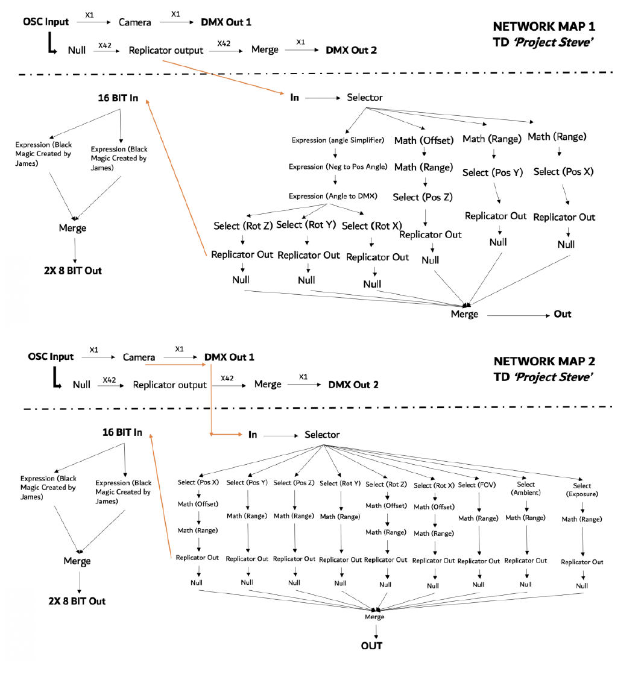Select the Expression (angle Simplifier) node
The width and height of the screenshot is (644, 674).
tap(338, 140)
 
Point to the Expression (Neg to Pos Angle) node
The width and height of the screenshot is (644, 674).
tap(338, 167)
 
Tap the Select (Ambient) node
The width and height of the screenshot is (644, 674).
tap(525, 488)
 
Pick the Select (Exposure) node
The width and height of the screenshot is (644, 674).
tap(582, 490)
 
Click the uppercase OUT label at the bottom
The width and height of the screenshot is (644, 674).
tap(371, 646)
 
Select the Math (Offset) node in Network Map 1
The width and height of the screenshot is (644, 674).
tap(423, 140)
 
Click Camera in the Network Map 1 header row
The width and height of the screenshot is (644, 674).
tap(134, 23)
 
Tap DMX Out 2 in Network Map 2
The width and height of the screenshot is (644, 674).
tap(353, 385)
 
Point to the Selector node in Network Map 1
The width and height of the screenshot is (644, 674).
tap(364, 97)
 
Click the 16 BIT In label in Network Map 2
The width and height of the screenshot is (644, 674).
tap(122, 432)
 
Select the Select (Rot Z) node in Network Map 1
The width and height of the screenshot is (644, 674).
tap(243, 226)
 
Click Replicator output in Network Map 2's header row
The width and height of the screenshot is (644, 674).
tap(170, 385)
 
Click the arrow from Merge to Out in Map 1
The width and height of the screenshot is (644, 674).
tap(516, 315)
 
